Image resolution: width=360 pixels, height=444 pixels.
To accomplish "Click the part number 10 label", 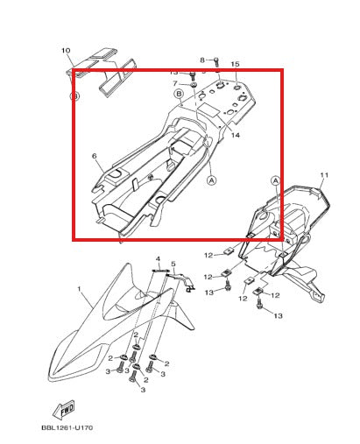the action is [x=66, y=51].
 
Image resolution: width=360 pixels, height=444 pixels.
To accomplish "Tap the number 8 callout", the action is [x=202, y=60].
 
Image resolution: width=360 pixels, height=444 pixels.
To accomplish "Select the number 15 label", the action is [x=235, y=64].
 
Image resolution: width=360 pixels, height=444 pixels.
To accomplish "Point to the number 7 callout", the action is [x=175, y=84].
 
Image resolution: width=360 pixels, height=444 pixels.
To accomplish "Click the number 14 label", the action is [x=236, y=135].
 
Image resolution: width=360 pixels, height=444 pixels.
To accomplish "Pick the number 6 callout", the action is [x=94, y=156].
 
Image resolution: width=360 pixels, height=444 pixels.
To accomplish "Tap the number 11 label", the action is [x=324, y=175].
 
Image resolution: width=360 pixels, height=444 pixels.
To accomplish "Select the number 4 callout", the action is [x=158, y=259].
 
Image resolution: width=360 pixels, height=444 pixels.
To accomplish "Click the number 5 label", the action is [x=173, y=264].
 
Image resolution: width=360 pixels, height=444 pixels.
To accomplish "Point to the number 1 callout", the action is [x=79, y=289].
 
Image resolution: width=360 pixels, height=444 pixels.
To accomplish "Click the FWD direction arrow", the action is [x=64, y=410].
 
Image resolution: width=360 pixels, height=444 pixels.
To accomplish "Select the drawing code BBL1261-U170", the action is [x=67, y=428].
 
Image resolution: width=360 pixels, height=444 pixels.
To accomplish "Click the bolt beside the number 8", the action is [x=216, y=61].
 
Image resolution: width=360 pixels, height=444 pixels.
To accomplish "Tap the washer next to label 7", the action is [x=194, y=85].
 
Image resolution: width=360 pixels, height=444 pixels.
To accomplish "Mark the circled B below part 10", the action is [x=74, y=95].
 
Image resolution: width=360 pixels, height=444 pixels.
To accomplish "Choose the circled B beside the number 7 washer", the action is [x=179, y=94].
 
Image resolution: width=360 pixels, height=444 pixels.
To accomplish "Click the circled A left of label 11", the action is [x=275, y=180].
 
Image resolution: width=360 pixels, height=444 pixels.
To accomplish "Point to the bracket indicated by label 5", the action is [x=182, y=281].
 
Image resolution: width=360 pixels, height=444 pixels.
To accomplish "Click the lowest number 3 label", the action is [x=143, y=390].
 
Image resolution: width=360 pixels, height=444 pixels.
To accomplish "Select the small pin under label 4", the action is [x=161, y=271].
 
